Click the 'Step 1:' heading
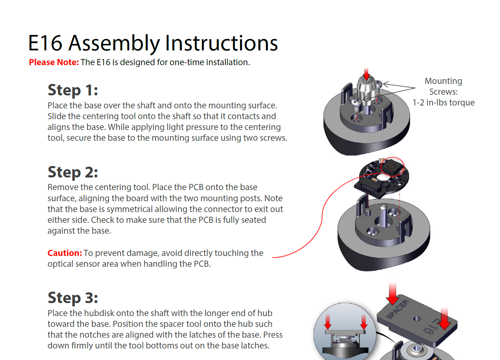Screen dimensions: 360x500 coord(73,90)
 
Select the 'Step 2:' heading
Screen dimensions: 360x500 coord(73,172)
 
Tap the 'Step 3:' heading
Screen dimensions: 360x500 coord(73,298)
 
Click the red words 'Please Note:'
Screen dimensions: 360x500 coord(54,62)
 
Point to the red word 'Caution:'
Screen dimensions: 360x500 coord(64,253)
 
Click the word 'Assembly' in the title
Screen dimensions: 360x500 coord(114,44)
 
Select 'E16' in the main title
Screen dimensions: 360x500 coord(45,43)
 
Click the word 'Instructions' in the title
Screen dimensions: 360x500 coord(221,43)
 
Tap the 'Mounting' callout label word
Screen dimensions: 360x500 coord(443,81)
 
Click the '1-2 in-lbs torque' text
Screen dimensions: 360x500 coord(443,103)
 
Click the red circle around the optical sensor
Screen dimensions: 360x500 coord(393,167)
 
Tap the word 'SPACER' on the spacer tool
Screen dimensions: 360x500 coord(398,309)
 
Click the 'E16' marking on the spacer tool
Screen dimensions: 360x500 coord(432,326)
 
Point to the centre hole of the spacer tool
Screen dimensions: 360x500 coord(417,319)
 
